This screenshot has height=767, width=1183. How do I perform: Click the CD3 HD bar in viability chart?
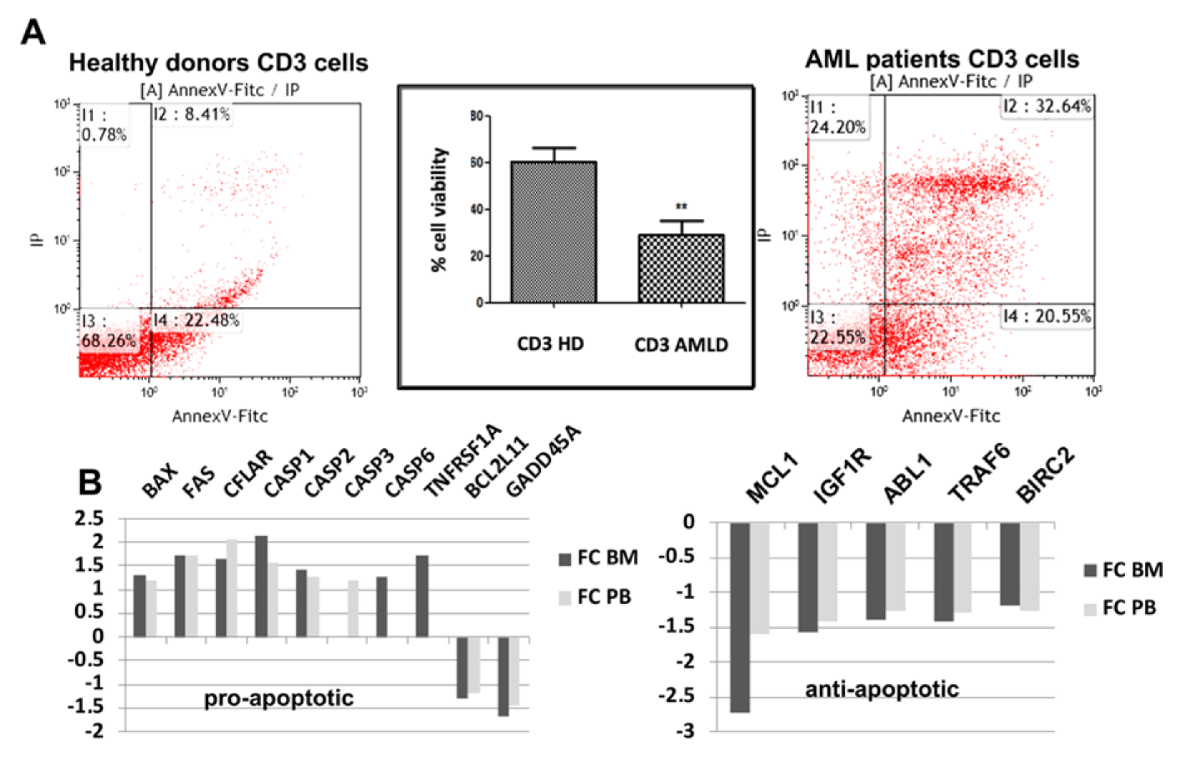point(553,232)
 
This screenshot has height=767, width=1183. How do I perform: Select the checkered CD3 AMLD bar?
point(680,268)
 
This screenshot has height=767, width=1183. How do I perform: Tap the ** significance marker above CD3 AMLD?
point(681,206)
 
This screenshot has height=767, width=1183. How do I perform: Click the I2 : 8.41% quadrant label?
point(191,114)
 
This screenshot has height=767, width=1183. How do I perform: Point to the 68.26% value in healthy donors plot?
point(108,341)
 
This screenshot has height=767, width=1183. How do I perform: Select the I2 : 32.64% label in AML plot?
point(1046,106)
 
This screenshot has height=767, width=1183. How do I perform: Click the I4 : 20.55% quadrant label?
point(1046,316)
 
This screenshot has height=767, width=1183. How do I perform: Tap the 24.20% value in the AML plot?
point(837,127)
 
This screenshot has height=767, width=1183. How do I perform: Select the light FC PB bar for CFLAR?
point(232,588)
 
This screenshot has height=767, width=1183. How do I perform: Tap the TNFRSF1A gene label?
point(462,460)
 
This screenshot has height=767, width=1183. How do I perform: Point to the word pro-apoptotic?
point(278,698)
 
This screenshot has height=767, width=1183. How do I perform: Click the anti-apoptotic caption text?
point(881,689)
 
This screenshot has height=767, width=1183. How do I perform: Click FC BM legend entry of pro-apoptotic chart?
point(598,558)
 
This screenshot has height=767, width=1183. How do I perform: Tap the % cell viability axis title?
point(439,209)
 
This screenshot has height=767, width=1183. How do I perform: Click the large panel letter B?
point(90,482)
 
